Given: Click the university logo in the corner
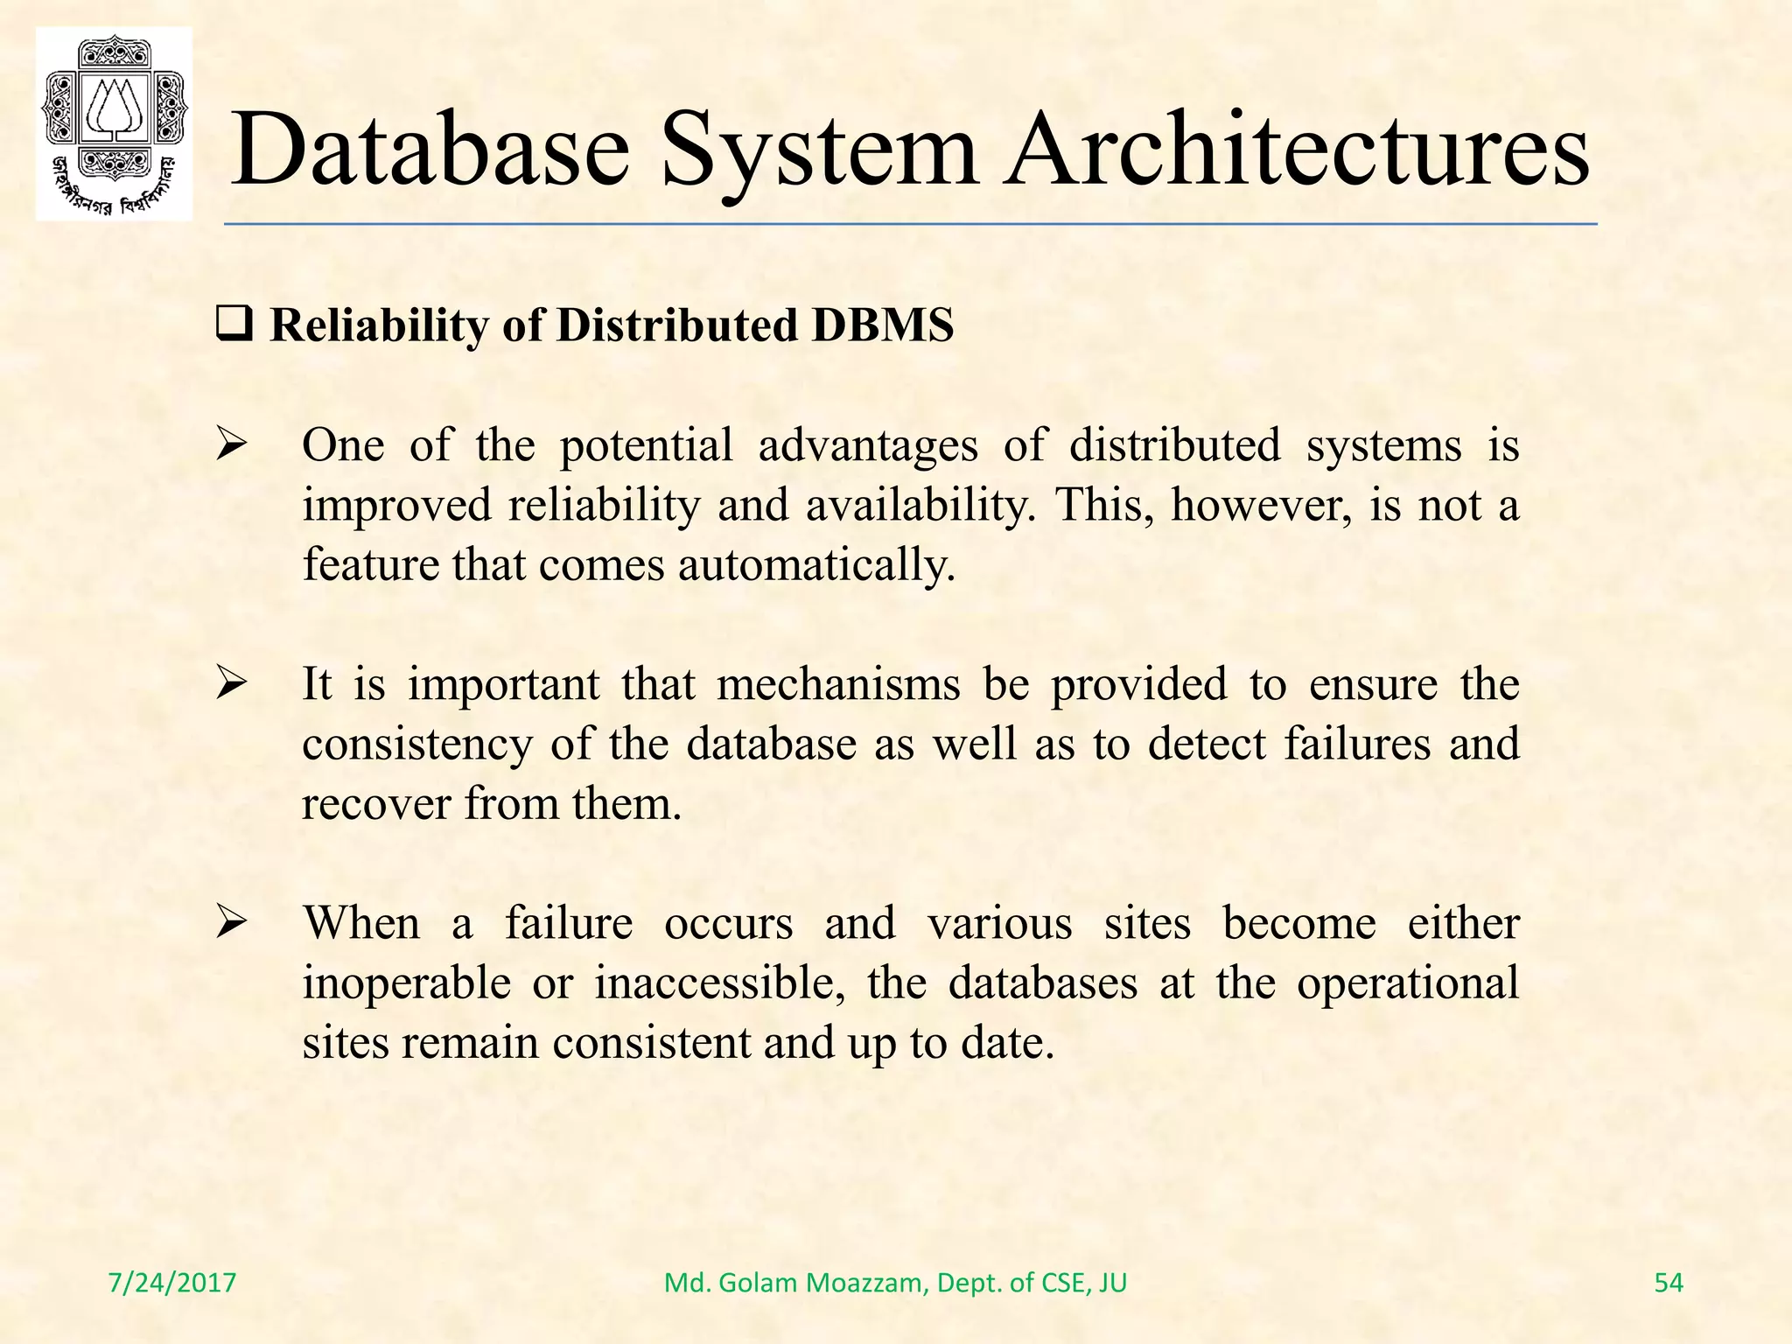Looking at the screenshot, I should (114, 123).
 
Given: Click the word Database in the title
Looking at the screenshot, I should (430, 150).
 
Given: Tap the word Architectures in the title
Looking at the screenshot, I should (1296, 150).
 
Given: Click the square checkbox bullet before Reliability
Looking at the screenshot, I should (234, 326).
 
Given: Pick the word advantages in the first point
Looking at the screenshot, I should (868, 446).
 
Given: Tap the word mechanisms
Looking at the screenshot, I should (838, 684).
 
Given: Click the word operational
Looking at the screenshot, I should (1408, 983).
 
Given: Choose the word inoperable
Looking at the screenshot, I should (407, 983).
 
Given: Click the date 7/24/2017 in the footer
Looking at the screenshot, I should (172, 1283).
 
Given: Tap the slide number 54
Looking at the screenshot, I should (1669, 1283).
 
